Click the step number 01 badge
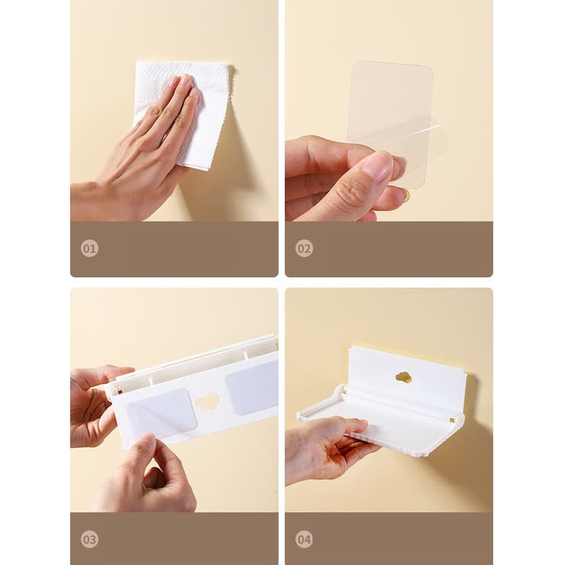pos(89,248)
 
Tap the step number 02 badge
pos(304,248)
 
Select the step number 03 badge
pos(89,539)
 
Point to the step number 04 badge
pos(304,539)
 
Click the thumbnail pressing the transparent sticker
pos(378,166)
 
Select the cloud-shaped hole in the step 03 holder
pos(208,400)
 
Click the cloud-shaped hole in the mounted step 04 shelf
pos(404,378)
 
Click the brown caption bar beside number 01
pos(174,249)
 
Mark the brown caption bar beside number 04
pos(389,539)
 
